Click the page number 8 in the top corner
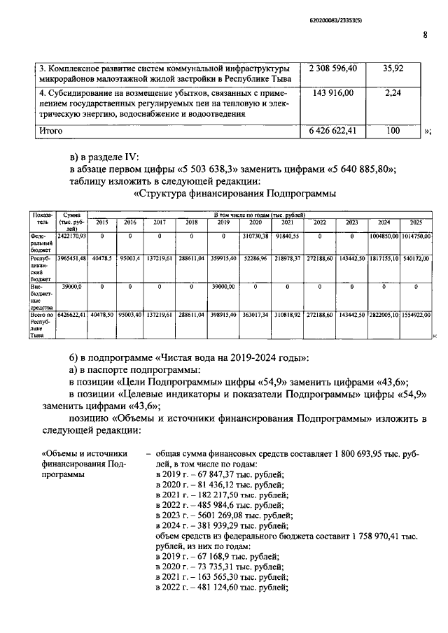(x=425, y=36)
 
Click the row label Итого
(x=50, y=131)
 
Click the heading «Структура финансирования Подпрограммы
(x=234, y=193)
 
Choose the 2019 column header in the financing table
(x=223, y=222)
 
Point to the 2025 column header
(x=416, y=222)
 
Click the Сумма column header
(x=70, y=222)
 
